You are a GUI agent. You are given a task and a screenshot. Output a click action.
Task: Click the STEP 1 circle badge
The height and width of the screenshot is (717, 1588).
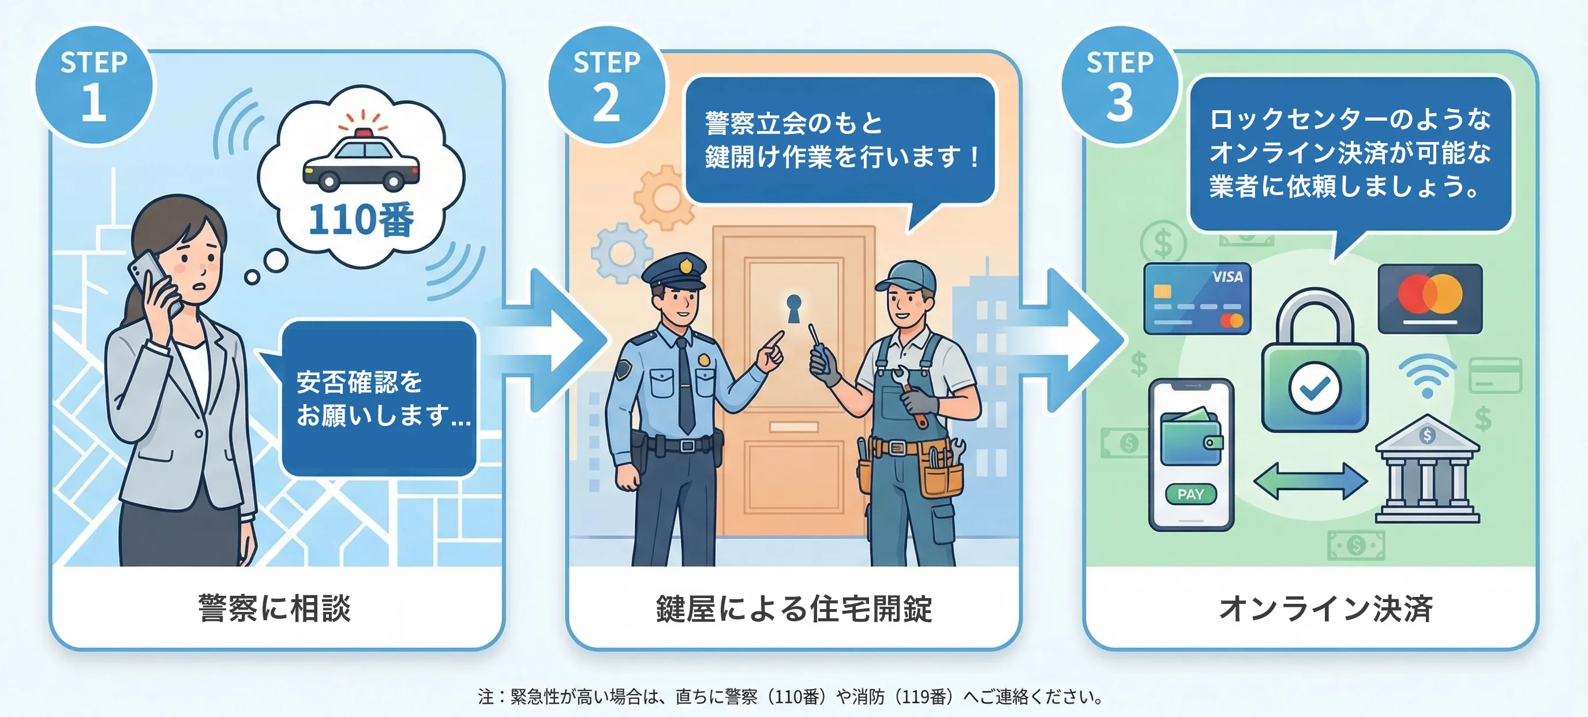94,85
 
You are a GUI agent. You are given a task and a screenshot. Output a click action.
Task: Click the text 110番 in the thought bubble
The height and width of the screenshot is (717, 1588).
361,220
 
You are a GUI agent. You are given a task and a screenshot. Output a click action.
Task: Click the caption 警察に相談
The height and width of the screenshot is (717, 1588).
275,608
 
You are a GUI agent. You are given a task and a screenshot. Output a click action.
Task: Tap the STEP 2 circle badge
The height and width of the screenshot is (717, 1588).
607,85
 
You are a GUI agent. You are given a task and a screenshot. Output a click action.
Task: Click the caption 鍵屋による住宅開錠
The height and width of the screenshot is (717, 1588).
794,608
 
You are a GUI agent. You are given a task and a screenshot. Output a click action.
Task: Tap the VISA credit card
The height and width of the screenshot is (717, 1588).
1197,299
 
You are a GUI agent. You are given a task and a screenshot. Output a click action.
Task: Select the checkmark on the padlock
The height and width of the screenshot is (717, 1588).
1314,388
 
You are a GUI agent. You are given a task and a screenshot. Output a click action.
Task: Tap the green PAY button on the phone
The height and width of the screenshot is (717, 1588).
1190,494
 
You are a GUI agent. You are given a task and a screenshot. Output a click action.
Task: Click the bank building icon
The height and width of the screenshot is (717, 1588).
1427,470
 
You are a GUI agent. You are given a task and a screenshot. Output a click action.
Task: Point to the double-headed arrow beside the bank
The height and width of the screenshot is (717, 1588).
1310,481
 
